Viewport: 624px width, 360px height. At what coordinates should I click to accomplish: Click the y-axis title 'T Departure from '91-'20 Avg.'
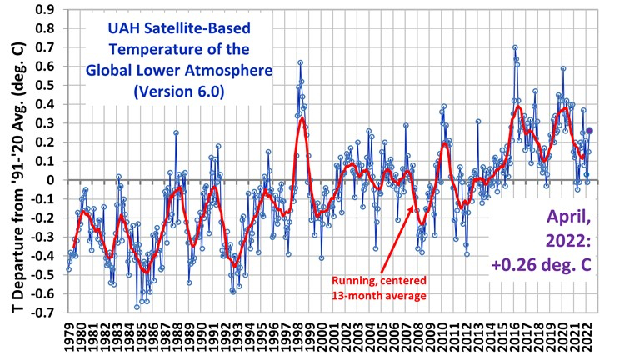pyautogui.click(x=14, y=167)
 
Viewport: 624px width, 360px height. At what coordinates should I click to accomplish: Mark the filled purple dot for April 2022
pyautogui.click(x=590, y=130)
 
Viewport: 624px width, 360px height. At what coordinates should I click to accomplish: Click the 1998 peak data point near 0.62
pyautogui.click(x=300, y=62)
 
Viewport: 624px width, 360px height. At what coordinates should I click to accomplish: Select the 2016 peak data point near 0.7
pyautogui.click(x=515, y=47)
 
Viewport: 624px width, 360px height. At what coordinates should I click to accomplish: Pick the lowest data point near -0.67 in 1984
pyautogui.click(x=137, y=307)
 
